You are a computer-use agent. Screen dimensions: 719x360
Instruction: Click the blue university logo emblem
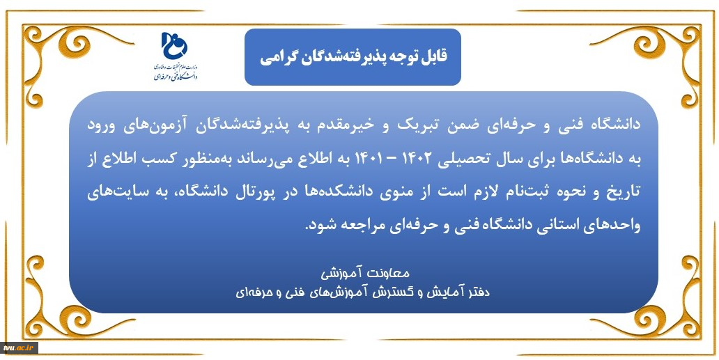coord(174,45)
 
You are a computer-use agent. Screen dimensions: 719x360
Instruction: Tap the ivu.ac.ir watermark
coord(19,348)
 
